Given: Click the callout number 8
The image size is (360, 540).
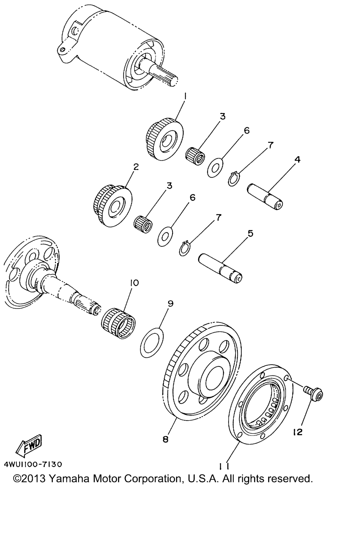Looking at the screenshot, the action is pyautogui.click(x=166, y=439).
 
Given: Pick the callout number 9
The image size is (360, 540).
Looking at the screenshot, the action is pyautogui.click(x=171, y=303).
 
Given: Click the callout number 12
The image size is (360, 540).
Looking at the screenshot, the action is pyautogui.click(x=298, y=432).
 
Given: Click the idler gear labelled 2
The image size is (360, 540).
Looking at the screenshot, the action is pyautogui.click(x=112, y=206).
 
